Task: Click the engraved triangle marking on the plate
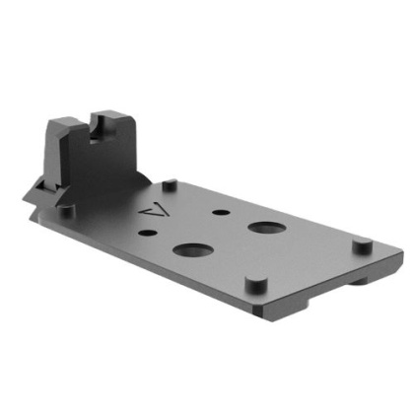click(151, 210)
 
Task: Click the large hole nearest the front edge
click(187, 248)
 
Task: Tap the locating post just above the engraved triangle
click(170, 182)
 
